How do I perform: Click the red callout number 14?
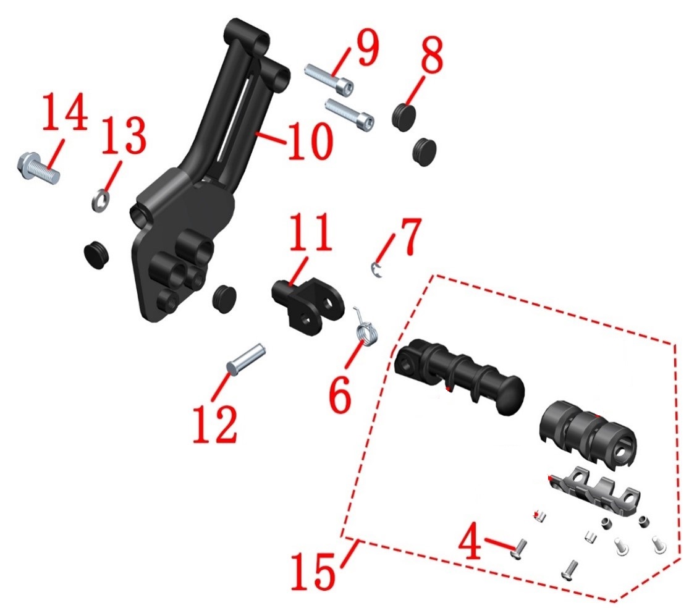(x=65, y=112)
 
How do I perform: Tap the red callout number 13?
(x=124, y=135)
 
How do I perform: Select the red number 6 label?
(x=340, y=394)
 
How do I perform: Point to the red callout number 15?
(x=313, y=570)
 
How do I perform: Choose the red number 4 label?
(x=470, y=541)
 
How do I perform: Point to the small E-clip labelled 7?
(x=376, y=270)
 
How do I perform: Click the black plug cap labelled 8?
(x=404, y=116)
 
